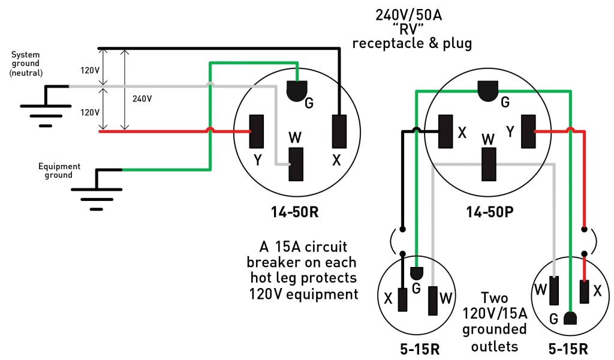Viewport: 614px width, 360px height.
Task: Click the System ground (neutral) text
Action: point(26,64)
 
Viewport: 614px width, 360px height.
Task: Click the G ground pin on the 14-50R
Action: point(296,91)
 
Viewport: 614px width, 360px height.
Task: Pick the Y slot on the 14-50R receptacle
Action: point(258,130)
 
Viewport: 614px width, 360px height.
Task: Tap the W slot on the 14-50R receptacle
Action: point(296,163)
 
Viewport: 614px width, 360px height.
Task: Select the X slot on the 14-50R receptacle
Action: point(339,130)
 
